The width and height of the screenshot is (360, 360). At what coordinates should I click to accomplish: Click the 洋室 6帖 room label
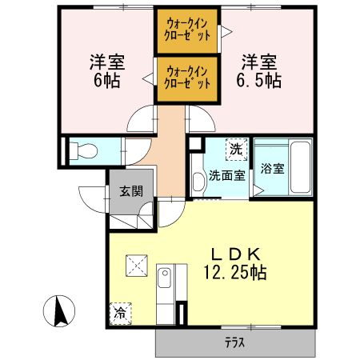click(101, 70)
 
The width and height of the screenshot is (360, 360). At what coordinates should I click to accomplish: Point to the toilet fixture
click(84, 150)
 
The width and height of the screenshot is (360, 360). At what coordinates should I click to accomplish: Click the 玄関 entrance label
click(130, 191)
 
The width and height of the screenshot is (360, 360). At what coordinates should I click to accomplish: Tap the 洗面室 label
click(227, 175)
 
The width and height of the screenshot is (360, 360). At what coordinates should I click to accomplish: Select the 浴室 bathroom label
click(273, 168)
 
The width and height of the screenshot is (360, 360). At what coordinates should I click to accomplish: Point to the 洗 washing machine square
click(236, 148)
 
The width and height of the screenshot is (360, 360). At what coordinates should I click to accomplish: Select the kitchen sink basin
click(165, 280)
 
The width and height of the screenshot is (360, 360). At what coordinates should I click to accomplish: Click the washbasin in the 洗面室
click(198, 177)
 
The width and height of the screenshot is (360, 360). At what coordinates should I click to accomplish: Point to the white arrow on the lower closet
click(149, 78)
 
